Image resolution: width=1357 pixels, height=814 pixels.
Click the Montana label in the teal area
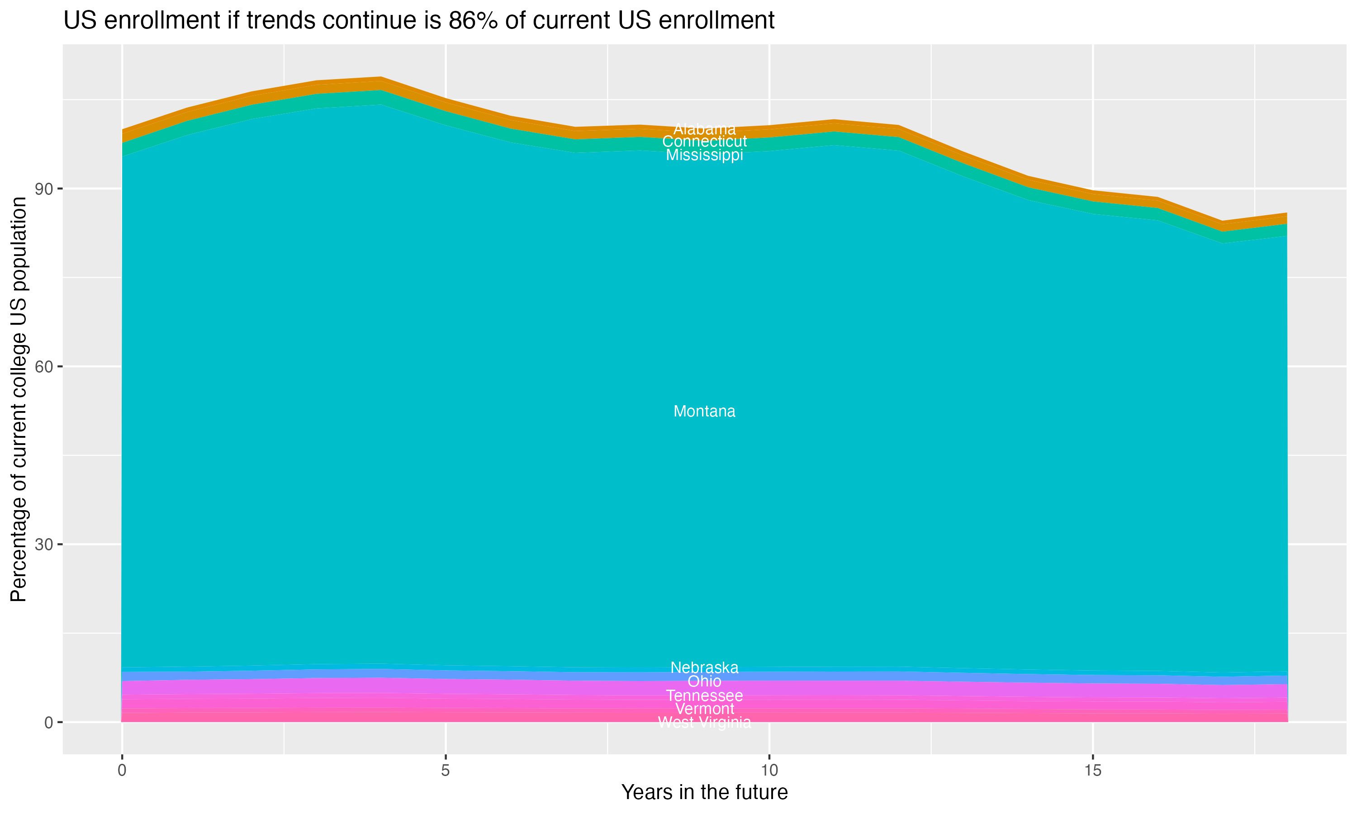[x=704, y=412]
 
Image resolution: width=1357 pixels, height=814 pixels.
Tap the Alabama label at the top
[x=704, y=129]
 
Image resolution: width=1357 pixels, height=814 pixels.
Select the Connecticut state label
[x=704, y=142]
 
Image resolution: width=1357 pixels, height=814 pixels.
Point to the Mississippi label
[x=704, y=155]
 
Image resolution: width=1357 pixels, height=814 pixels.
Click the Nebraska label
[x=704, y=667]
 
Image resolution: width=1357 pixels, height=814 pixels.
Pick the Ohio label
[x=704, y=681]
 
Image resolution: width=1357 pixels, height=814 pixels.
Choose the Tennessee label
[x=704, y=696]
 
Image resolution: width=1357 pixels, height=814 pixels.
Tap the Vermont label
[x=704, y=709]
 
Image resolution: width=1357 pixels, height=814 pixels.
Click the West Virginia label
[x=704, y=722]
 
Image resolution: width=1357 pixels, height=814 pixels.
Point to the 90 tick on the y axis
[x=44, y=189]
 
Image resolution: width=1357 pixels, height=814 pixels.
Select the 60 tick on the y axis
[x=44, y=366]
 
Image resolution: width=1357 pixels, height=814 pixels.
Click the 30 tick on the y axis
[x=44, y=544]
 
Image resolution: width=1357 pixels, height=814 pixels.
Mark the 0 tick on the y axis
[x=48, y=722]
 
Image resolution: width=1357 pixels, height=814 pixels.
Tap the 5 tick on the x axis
[x=446, y=771]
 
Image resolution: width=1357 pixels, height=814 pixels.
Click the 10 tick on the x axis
[x=769, y=771]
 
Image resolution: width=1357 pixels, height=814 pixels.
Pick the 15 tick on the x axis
[x=1093, y=771]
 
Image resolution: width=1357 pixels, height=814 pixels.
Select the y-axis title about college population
[x=19, y=399]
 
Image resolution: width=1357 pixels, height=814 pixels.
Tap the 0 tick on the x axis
[x=122, y=771]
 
